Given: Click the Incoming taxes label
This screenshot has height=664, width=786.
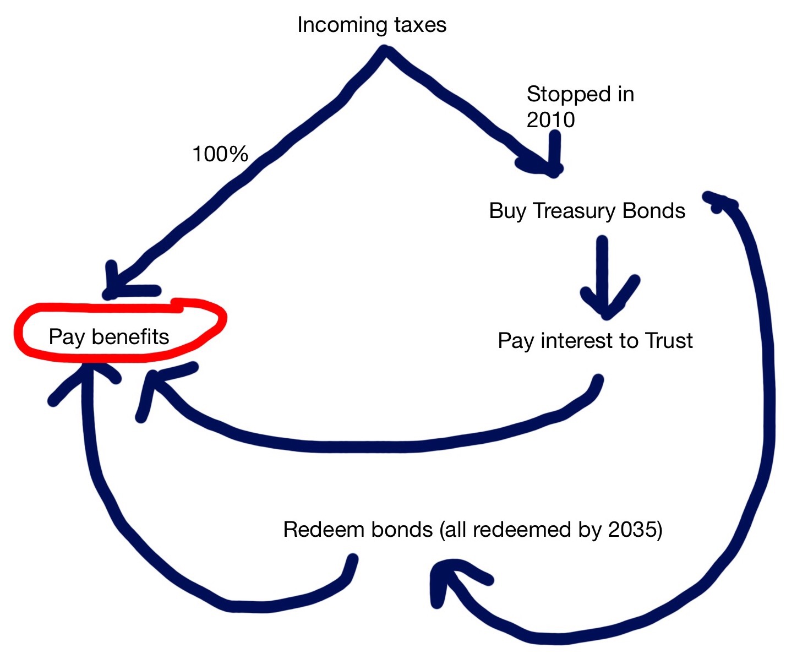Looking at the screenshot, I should pos(372,25).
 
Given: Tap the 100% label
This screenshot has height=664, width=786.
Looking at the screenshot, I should pos(220,154).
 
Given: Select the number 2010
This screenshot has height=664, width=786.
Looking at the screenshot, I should pos(550,119).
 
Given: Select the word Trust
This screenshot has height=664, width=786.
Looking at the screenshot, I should pos(669,341).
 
